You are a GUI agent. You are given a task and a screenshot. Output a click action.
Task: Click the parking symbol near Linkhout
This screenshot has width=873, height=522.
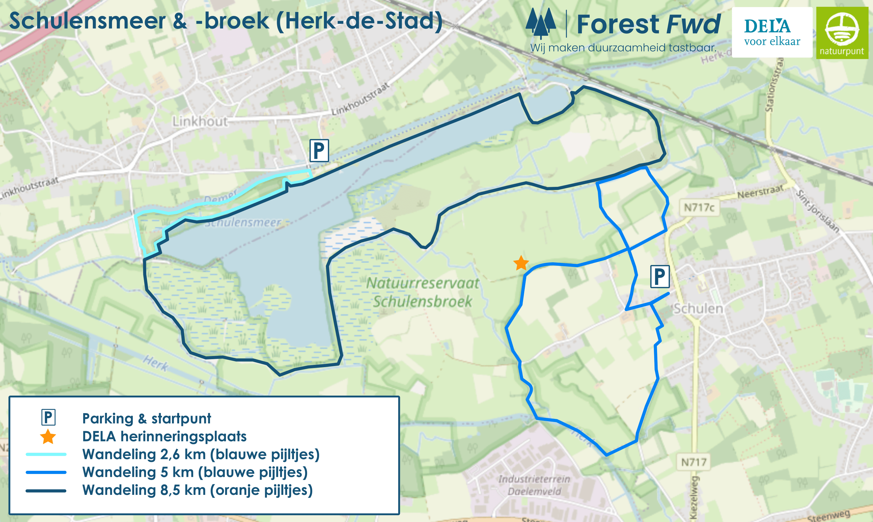319,151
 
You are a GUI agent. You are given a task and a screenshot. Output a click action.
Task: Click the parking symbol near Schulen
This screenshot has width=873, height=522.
660,277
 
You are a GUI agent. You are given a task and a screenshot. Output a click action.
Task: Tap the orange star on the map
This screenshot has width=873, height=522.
521,263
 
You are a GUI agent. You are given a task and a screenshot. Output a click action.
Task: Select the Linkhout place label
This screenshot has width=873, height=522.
200,122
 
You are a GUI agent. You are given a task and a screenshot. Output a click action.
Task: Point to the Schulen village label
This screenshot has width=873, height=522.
698,309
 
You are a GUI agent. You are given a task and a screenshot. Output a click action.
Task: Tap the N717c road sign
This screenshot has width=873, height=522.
699,207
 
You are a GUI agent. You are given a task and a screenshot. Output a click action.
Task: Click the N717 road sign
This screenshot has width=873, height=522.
694,462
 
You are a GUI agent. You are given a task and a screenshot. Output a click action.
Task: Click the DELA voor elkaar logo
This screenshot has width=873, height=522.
772,32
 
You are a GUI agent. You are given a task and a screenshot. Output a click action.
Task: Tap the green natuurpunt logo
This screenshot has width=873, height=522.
842,33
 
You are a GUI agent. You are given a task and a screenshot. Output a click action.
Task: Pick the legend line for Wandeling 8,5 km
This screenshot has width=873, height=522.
46,491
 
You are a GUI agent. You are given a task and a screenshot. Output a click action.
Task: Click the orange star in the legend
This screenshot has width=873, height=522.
48,437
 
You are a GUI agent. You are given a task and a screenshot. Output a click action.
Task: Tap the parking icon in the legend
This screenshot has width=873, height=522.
48,417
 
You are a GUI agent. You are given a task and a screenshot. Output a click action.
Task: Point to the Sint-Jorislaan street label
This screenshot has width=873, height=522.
818,211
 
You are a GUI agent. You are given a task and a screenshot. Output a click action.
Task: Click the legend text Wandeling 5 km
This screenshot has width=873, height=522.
195,472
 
